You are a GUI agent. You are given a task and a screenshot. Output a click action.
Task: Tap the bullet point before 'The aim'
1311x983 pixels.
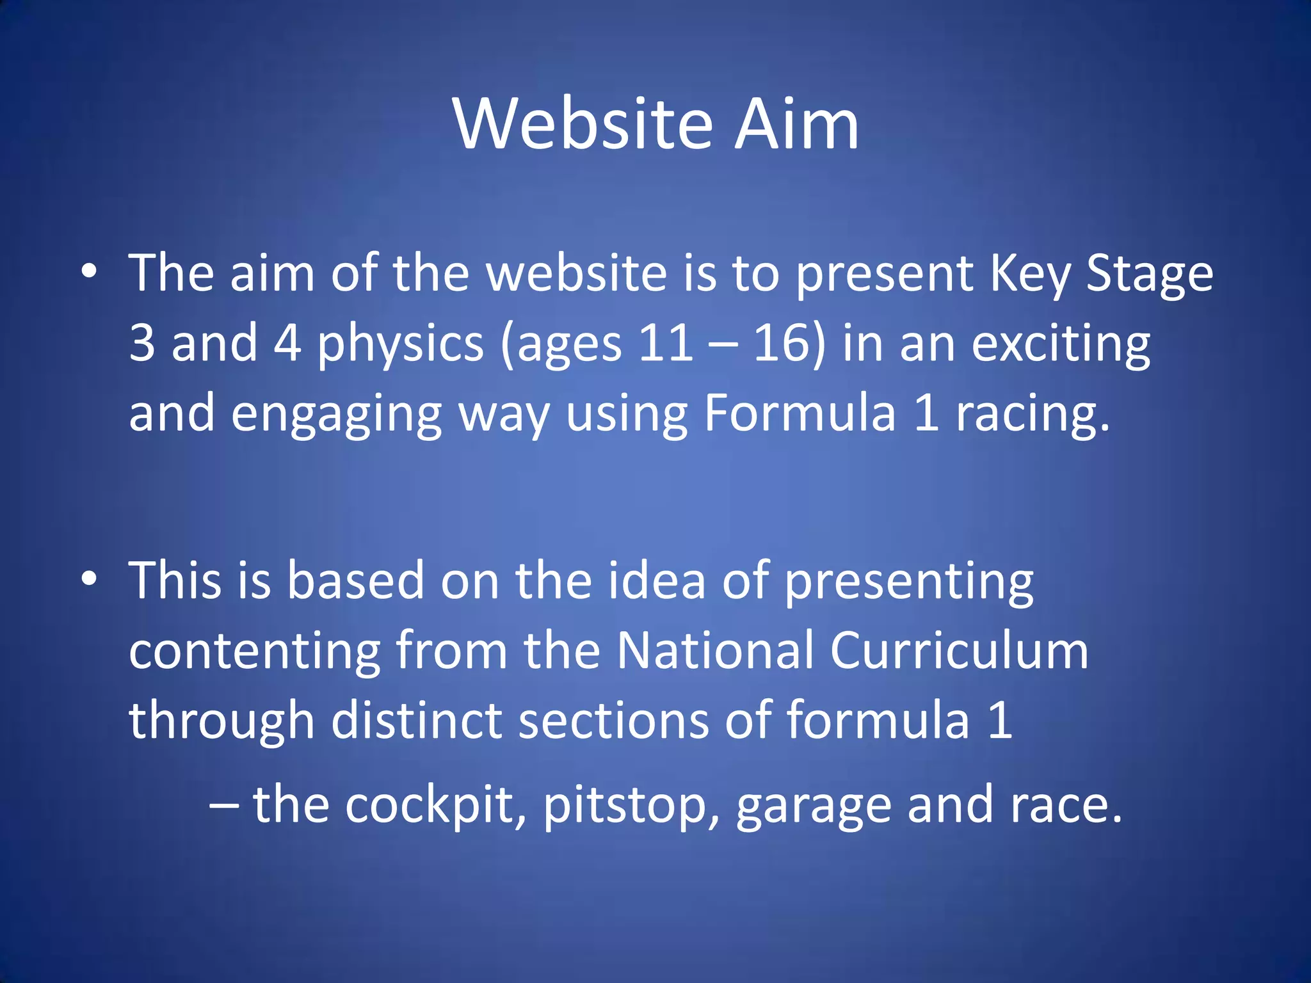point(90,271)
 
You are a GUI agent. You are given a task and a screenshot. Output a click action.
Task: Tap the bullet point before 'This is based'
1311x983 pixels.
point(90,579)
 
